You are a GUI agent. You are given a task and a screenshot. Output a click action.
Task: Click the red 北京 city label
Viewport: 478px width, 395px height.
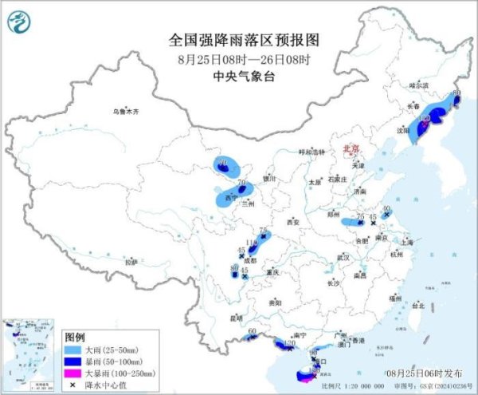[351, 148]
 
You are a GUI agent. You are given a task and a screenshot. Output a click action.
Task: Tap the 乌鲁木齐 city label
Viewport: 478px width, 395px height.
[126, 112]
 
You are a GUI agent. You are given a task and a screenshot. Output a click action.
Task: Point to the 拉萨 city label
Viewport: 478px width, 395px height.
[131, 261]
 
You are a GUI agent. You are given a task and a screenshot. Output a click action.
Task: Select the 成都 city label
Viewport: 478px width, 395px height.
[253, 259]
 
